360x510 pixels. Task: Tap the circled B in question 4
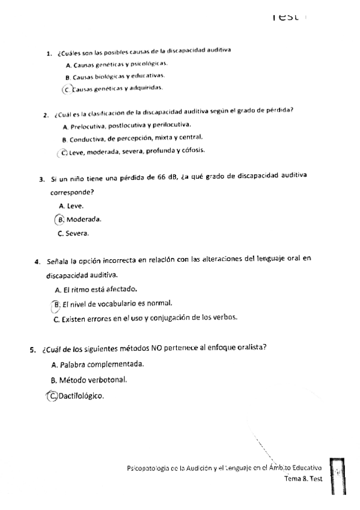[56, 304]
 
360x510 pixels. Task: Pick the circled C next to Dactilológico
[54, 396]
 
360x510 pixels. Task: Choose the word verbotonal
[108, 380]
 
